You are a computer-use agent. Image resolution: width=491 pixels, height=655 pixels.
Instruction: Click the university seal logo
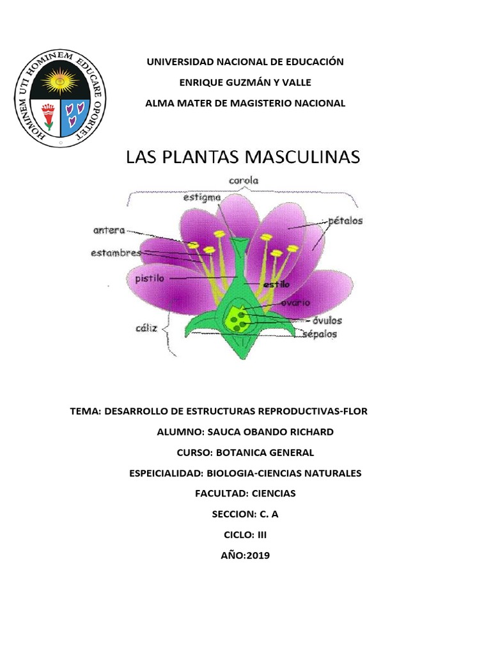click(61, 99)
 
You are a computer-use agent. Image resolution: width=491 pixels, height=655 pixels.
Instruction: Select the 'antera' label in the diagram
click(109, 230)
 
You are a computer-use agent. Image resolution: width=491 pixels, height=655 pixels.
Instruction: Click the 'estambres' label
click(116, 253)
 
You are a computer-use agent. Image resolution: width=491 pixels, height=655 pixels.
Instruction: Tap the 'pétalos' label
click(345, 221)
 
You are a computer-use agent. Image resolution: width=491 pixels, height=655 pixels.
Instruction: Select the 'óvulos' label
click(327, 320)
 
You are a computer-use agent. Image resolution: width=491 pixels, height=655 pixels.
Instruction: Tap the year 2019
click(256, 555)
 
